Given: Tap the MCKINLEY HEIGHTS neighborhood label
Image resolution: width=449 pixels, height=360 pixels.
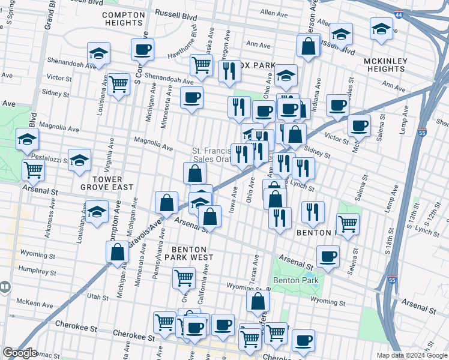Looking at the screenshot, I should [385, 65].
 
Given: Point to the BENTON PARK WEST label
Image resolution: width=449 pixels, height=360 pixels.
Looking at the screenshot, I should [189, 254].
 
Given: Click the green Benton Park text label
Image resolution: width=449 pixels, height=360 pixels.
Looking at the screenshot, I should [294, 280].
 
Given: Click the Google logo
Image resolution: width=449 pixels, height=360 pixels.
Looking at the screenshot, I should [20, 353].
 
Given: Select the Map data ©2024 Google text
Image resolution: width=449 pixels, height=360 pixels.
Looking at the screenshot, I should [411, 355].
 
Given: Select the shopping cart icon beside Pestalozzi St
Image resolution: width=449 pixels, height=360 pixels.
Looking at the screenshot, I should [33, 170].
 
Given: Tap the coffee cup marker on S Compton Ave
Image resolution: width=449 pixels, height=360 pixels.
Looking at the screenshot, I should [142, 49].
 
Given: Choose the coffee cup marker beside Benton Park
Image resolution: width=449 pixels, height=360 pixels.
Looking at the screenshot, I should [328, 256].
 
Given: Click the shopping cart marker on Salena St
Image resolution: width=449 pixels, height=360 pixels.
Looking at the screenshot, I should [348, 224].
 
